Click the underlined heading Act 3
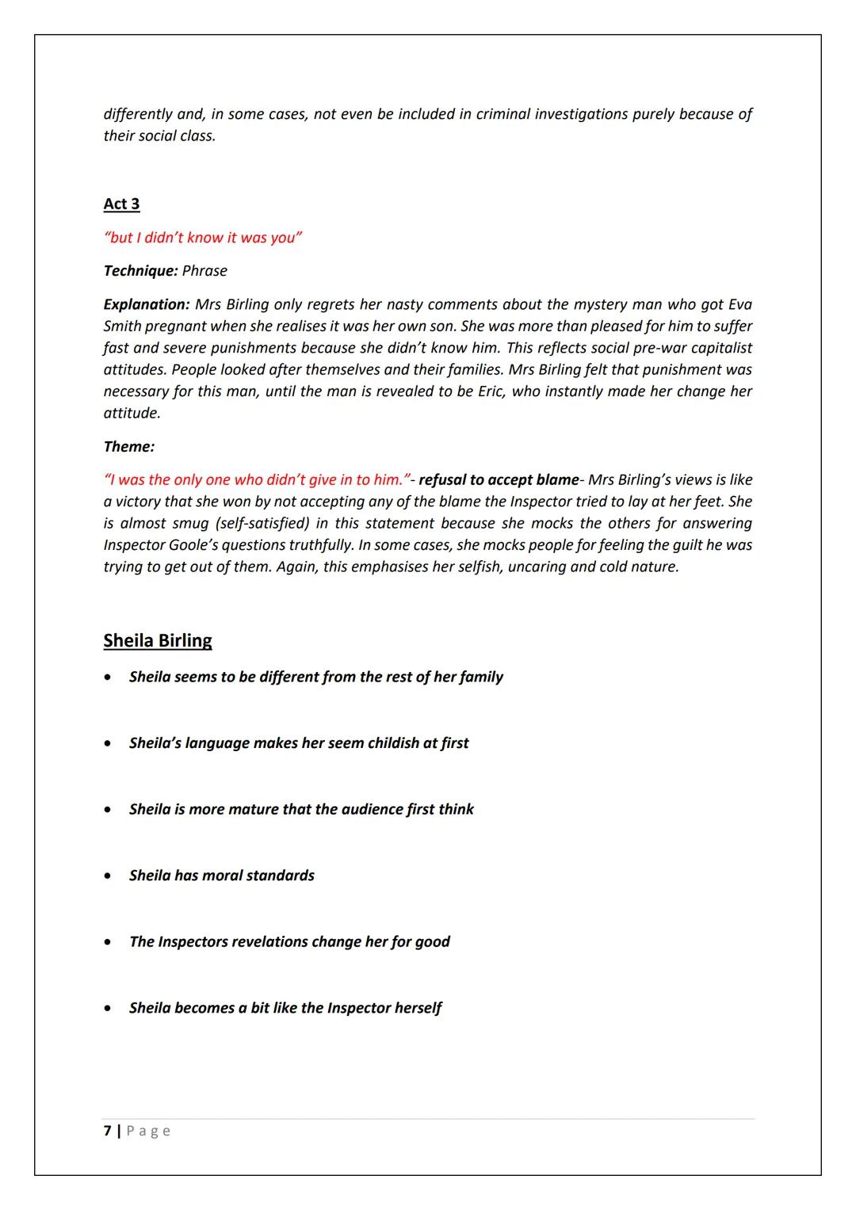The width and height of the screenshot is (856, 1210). (x=121, y=204)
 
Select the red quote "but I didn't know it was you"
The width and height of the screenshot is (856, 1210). (x=203, y=238)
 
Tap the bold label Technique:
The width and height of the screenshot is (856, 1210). (x=140, y=271)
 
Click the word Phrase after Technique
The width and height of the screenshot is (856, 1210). (x=204, y=271)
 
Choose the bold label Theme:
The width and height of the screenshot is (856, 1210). (x=128, y=446)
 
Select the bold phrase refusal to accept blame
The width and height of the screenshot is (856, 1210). (x=499, y=479)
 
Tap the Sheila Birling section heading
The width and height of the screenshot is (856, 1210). (x=158, y=640)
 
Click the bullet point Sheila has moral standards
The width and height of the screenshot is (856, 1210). (x=221, y=876)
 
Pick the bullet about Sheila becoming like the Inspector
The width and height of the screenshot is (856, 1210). (x=285, y=1008)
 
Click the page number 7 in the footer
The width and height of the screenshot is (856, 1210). (x=107, y=1131)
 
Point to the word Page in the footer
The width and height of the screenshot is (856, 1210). (x=148, y=1131)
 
